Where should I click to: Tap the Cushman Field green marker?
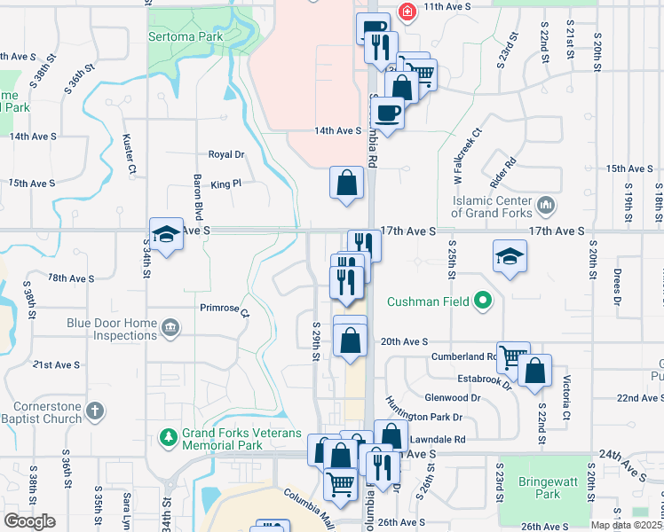click(483, 301)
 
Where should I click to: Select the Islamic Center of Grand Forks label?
click(491, 207)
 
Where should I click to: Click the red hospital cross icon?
click(407, 12)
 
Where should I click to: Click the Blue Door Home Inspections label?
click(112, 329)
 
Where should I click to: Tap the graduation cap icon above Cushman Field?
click(509, 257)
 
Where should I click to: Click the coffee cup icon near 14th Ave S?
click(387, 113)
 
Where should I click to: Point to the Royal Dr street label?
click(225, 154)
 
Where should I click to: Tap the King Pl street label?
click(226, 184)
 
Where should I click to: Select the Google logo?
click(29, 521)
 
